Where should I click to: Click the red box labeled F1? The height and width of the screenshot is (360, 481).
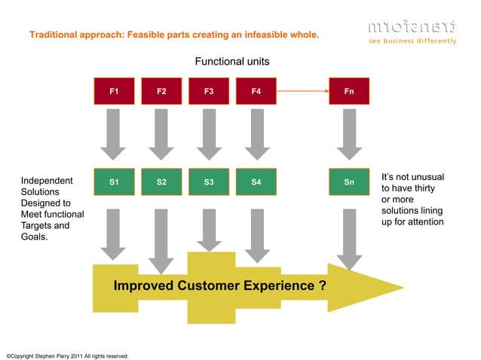pyautogui.click(x=113, y=91)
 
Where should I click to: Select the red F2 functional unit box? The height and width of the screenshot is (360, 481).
pyautogui.click(x=161, y=91)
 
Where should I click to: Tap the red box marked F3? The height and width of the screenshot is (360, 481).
pyautogui.click(x=209, y=91)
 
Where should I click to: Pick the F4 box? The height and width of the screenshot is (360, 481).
pyautogui.click(x=256, y=91)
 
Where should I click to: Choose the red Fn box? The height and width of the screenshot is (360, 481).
pyautogui.click(x=349, y=91)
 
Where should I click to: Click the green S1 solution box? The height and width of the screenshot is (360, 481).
pyautogui.click(x=113, y=182)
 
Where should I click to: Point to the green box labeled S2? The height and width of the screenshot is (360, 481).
pyautogui.click(x=161, y=182)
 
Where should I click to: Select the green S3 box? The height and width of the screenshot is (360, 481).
pyautogui.click(x=209, y=182)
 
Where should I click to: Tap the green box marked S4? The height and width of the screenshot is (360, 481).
pyautogui.click(x=256, y=182)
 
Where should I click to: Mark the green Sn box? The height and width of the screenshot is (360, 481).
pyautogui.click(x=349, y=182)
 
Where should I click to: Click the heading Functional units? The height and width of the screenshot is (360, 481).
pyautogui.click(x=232, y=60)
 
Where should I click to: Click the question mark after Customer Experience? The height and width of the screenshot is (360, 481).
pyautogui.click(x=322, y=286)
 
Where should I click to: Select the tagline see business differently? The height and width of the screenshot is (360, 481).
pyautogui.click(x=412, y=41)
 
